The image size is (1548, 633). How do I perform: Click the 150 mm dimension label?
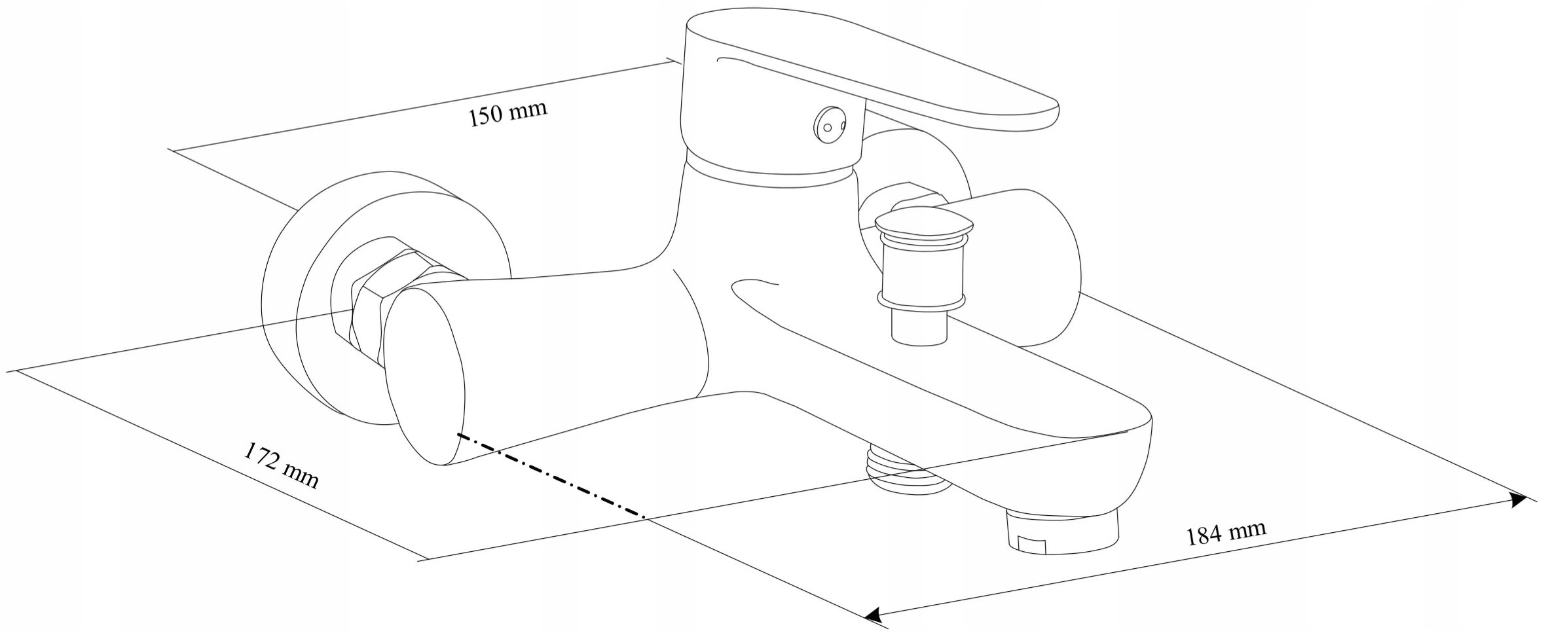[x=507, y=115]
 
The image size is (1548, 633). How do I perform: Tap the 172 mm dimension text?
[x=281, y=465]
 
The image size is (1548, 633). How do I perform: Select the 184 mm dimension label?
[x=1226, y=532]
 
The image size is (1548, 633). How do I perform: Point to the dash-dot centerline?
[x=550, y=475]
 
